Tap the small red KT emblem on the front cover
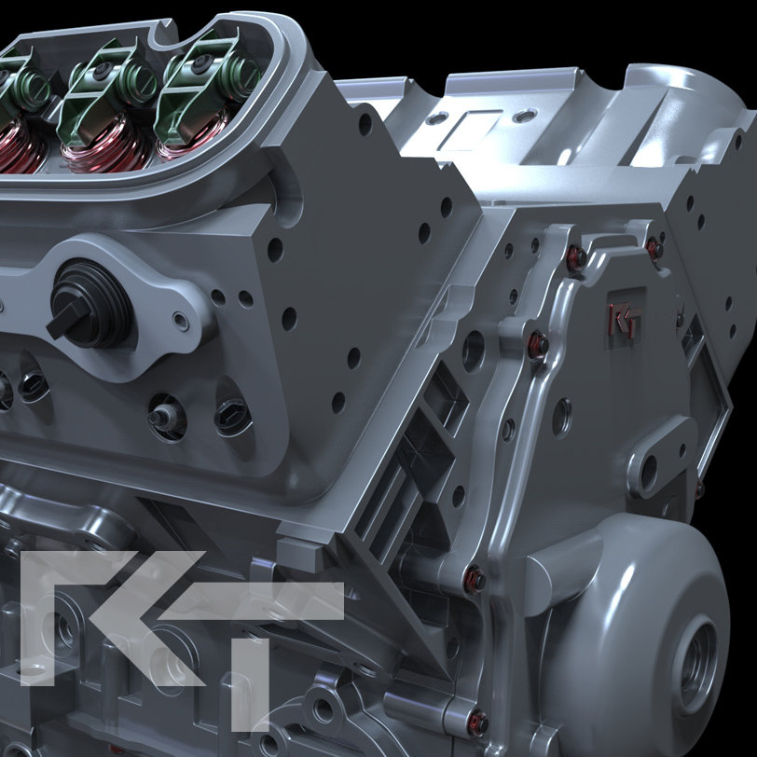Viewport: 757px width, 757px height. click(619, 320)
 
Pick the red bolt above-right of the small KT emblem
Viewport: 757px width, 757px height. click(654, 248)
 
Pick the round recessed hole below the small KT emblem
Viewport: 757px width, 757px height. click(562, 417)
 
